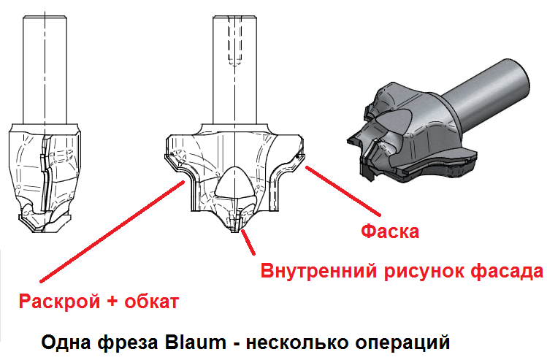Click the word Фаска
pos(391,232)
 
